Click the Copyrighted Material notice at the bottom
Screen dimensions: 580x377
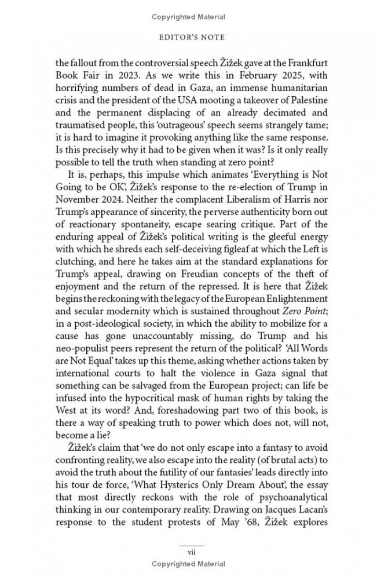point(189,563)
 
